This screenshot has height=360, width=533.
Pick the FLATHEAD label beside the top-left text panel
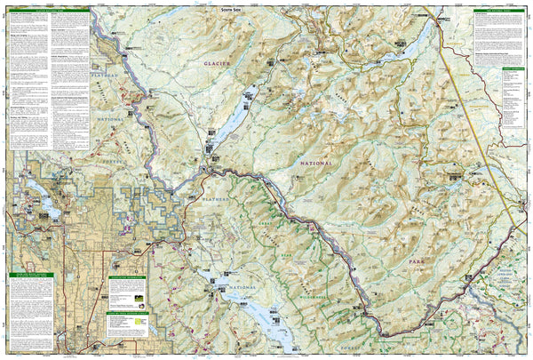[106, 79]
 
